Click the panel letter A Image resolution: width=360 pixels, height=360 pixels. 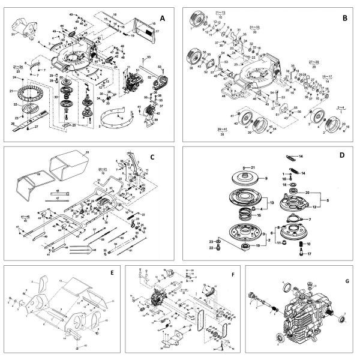point(162,19)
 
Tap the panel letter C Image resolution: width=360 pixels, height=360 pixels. point(152,157)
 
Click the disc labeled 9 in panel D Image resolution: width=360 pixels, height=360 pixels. point(248,179)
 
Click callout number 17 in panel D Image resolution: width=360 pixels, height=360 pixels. point(311,254)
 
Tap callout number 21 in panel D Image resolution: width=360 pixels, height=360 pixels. point(254,166)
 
